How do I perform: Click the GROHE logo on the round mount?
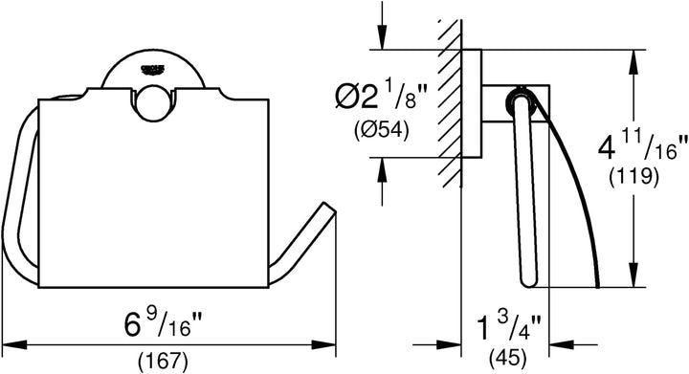(152, 69)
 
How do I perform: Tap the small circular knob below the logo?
(153, 101)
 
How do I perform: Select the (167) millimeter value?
(163, 361)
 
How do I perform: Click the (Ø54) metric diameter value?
(382, 130)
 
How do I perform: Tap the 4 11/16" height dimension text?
(642, 147)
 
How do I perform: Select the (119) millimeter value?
(633, 177)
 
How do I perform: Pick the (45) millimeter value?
(508, 359)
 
